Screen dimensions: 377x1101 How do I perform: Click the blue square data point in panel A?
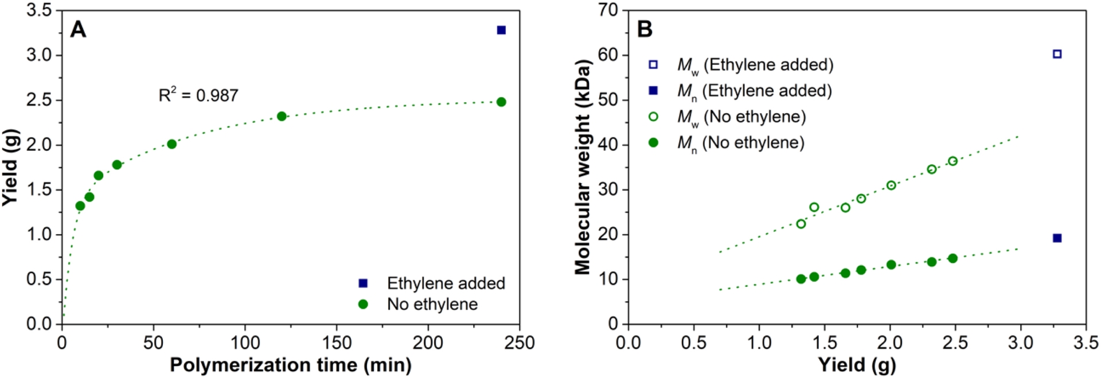501,30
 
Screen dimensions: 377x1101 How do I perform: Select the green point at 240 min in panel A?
501,102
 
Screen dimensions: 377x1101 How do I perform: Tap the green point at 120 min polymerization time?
282,116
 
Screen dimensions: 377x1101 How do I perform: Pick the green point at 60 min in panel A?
171,144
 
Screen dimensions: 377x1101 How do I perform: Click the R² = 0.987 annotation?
198,95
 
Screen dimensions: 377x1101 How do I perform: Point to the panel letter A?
78,29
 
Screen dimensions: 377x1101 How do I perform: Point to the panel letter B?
645,29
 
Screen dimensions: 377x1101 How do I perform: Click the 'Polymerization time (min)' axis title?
290,365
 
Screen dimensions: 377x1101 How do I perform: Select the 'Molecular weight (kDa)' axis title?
582,167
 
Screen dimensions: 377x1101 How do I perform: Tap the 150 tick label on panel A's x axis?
337,343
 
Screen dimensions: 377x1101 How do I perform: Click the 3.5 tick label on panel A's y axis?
39,10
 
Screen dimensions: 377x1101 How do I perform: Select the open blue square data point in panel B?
1057,54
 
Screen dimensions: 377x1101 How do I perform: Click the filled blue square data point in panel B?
1057,238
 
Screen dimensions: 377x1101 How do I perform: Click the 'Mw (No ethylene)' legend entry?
741,117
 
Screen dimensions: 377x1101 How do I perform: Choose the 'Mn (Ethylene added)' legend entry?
753,91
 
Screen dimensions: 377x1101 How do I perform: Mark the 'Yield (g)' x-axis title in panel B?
857,365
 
